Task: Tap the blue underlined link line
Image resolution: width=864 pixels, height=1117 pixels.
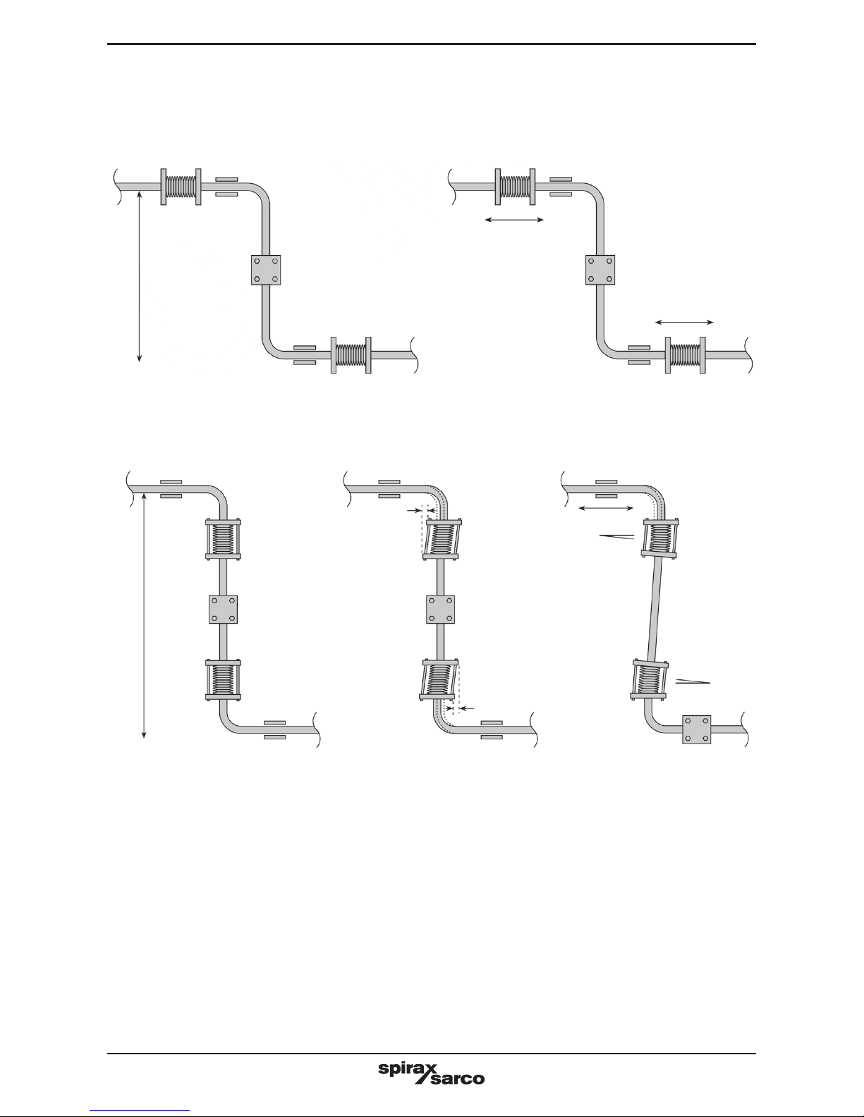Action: pyautogui.click(x=140, y=1110)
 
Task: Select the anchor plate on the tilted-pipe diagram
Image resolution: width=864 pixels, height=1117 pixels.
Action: pyautogui.click(x=696, y=729)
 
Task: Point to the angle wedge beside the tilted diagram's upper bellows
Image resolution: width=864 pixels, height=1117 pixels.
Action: pyautogui.click(x=616, y=537)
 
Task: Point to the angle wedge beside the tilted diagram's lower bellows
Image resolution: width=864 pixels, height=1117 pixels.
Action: pyautogui.click(x=693, y=681)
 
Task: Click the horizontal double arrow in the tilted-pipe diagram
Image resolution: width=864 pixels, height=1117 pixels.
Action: pyautogui.click(x=606, y=508)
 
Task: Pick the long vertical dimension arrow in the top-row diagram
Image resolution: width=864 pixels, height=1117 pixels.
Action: pyautogui.click(x=140, y=276)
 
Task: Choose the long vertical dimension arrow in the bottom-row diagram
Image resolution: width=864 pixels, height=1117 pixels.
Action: pyautogui.click(x=144, y=615)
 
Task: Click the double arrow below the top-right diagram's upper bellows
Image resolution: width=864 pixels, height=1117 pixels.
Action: pyautogui.click(x=514, y=220)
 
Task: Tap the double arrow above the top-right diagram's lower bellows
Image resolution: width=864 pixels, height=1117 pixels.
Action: pyautogui.click(x=684, y=322)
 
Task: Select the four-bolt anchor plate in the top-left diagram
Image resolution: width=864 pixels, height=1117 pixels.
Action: pyautogui.click(x=266, y=270)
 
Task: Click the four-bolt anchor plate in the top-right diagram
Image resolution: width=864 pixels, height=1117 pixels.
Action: pyautogui.click(x=600, y=270)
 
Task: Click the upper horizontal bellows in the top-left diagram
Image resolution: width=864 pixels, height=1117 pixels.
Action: pyautogui.click(x=181, y=187)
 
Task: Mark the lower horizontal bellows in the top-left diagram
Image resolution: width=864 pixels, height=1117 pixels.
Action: pyautogui.click(x=351, y=355)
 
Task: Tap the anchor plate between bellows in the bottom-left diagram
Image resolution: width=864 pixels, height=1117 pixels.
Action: pyautogui.click(x=223, y=609)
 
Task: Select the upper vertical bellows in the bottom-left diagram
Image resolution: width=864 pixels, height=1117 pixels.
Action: pyautogui.click(x=223, y=539)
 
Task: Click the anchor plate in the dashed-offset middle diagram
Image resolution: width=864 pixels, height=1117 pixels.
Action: pyautogui.click(x=440, y=609)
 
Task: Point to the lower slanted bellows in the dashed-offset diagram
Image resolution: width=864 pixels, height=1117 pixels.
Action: pyautogui.click(x=439, y=679)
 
